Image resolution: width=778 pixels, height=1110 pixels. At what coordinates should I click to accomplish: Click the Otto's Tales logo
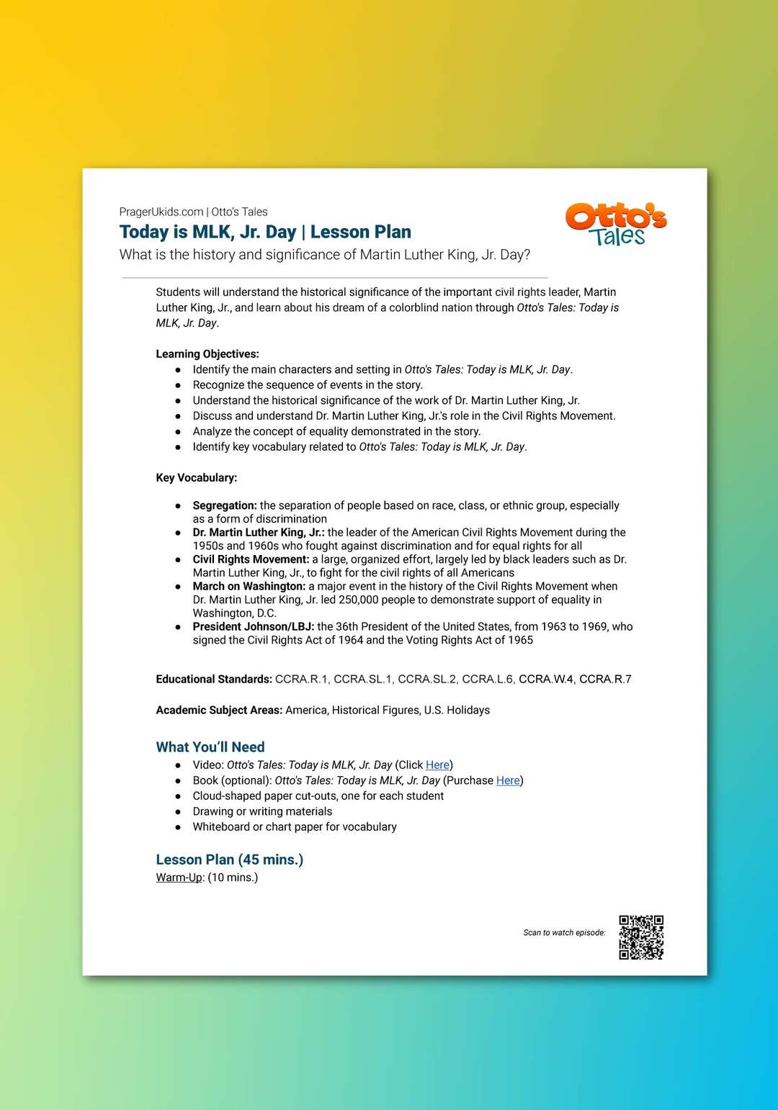tap(616, 224)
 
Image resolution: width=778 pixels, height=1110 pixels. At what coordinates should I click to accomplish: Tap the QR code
tap(641, 937)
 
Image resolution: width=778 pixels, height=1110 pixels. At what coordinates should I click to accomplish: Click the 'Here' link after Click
tap(437, 765)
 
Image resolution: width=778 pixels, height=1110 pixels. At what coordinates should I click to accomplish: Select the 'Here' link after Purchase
tap(508, 780)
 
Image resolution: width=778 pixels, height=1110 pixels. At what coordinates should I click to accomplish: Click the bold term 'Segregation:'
tap(225, 505)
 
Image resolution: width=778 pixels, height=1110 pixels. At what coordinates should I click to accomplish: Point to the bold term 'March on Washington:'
tap(249, 587)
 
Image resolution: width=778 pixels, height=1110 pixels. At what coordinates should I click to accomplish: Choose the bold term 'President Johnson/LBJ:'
tap(254, 627)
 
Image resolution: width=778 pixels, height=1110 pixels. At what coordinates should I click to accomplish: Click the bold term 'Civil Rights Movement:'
tap(251, 559)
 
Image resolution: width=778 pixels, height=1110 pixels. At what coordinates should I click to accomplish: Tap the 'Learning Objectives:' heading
tap(207, 354)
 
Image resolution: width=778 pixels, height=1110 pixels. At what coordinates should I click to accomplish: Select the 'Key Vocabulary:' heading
tap(197, 478)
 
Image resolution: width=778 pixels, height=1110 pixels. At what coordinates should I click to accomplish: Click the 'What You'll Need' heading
tap(210, 747)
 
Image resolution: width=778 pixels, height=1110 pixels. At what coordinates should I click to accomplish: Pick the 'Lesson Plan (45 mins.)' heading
tap(230, 859)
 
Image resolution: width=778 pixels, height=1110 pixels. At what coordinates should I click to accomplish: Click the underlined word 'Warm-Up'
tap(179, 877)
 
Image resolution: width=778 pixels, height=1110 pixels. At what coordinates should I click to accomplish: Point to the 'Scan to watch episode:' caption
tap(564, 933)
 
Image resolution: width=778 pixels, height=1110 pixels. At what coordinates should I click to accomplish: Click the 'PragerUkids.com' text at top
tap(161, 212)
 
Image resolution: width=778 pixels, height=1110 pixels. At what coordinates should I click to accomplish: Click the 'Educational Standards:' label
tap(214, 680)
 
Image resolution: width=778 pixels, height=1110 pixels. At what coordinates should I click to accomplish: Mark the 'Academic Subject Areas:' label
tap(219, 710)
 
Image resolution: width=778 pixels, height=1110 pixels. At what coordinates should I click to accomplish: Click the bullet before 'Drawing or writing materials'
tap(178, 812)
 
